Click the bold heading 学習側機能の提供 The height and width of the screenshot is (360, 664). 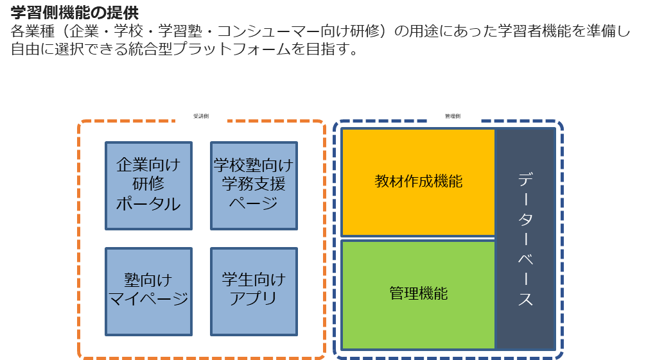tap(74, 13)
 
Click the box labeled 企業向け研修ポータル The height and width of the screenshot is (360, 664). tap(148, 185)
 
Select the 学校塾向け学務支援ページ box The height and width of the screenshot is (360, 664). tap(254, 185)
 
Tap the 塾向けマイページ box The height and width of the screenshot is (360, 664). tap(148, 291)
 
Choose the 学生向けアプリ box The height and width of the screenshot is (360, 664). tap(254, 291)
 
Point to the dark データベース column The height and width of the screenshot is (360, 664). tap(525, 239)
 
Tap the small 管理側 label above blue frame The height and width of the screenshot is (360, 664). tap(453, 116)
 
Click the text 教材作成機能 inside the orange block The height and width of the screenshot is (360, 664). tap(418, 182)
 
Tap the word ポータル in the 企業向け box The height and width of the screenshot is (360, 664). tap(148, 204)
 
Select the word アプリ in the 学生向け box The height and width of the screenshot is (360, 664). tap(254, 298)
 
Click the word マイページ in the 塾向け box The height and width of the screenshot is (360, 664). tap(148, 298)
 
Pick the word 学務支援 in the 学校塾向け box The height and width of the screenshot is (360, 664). tap(254, 185)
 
